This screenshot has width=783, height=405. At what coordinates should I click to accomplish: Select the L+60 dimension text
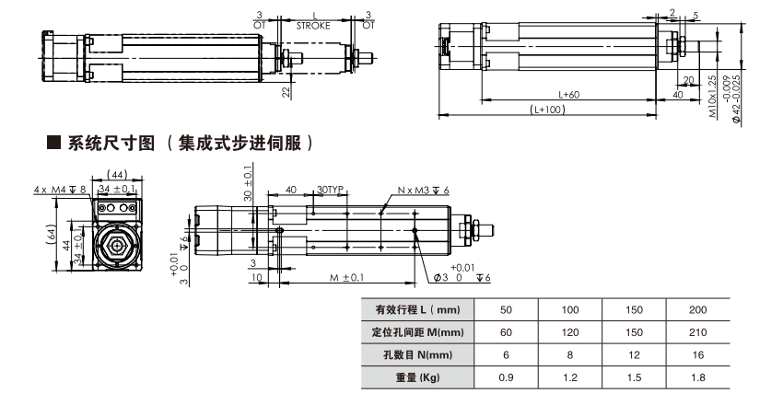point(568,94)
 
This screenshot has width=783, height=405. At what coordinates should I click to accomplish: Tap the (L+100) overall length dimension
point(548,110)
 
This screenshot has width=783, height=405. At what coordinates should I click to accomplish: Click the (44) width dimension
point(117,174)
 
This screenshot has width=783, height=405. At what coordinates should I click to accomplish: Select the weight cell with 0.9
point(506,376)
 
